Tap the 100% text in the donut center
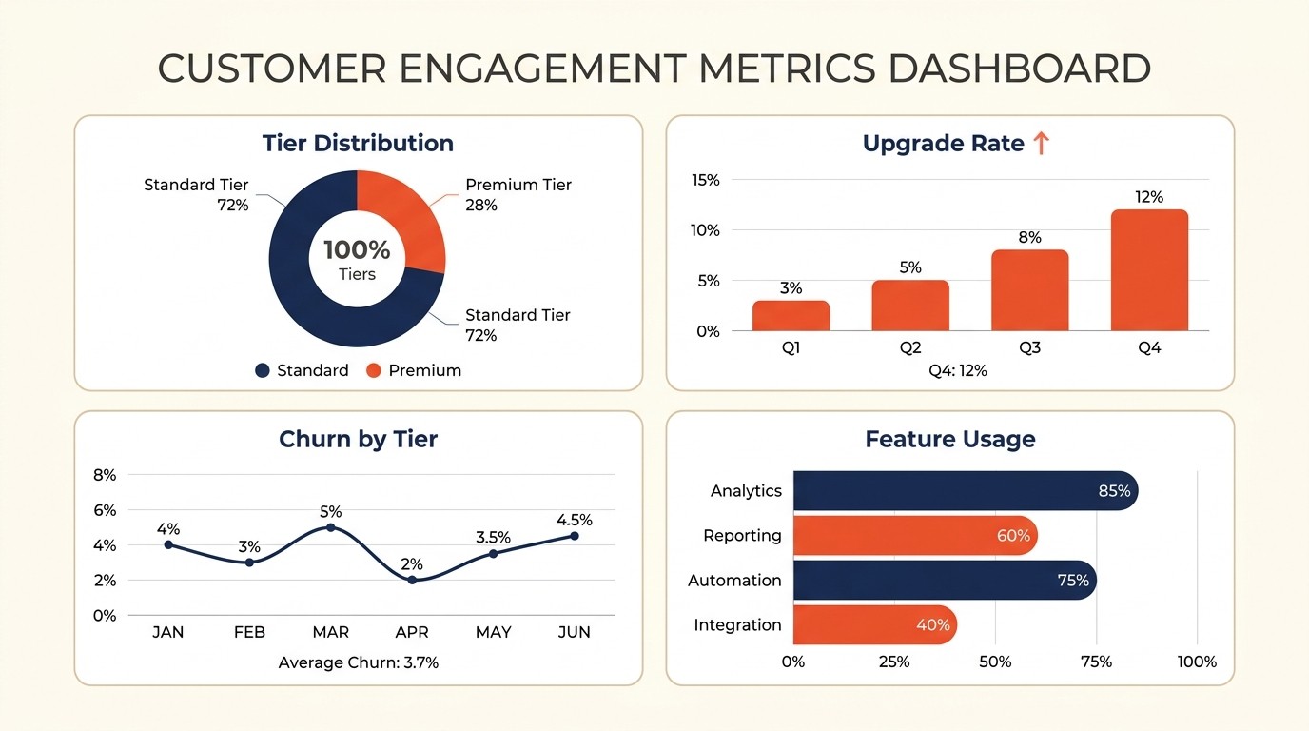coord(357,250)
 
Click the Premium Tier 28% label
coord(518,195)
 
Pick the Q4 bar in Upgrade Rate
coord(1149,271)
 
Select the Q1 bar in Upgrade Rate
coord(791,316)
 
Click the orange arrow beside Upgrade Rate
coord(1041,144)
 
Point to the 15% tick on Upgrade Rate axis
coord(707,180)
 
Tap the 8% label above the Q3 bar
coord(1029,237)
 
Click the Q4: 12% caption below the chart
coord(958,370)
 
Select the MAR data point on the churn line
coord(330,527)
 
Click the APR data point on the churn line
coord(412,580)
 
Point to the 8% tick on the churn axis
coord(105,475)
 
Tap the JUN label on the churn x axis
coord(574,632)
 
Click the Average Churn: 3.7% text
coord(358,662)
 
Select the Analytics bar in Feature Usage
coord(961,491)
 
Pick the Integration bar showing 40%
coord(873,625)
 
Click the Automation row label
coord(734,581)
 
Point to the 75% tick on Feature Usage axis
coord(1096,662)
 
